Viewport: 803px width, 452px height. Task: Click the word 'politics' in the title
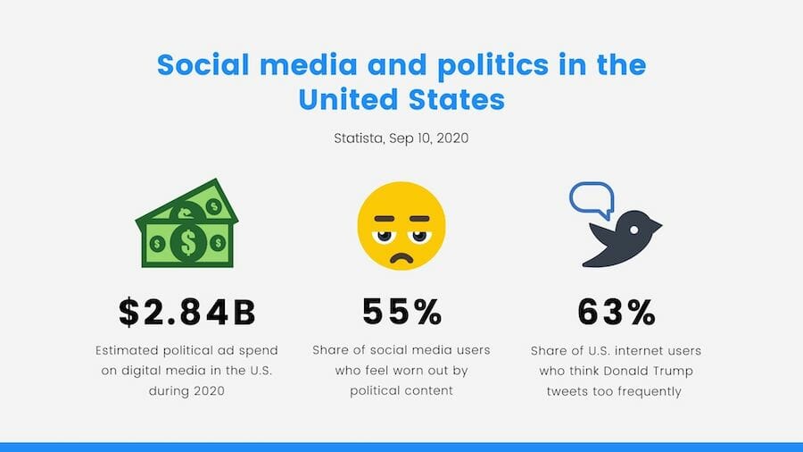pos(493,65)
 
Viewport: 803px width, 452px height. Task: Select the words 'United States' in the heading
pos(401,99)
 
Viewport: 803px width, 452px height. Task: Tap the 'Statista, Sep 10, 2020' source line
pos(401,138)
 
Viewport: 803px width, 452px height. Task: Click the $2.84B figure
pos(187,312)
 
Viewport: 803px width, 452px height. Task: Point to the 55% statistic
pos(402,312)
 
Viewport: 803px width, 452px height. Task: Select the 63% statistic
pos(616,312)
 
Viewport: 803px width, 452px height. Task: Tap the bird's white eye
pos(634,230)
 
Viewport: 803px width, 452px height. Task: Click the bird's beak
pos(656,225)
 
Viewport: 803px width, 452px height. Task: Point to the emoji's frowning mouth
pos(401,256)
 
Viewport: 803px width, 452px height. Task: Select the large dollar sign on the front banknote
pos(188,242)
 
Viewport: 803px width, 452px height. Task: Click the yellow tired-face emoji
pos(401,225)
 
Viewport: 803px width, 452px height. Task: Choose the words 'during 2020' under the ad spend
pos(186,391)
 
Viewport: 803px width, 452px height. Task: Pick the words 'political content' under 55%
pos(401,390)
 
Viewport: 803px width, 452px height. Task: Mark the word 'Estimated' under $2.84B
pos(127,350)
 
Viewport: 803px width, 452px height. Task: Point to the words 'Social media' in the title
pos(257,64)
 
